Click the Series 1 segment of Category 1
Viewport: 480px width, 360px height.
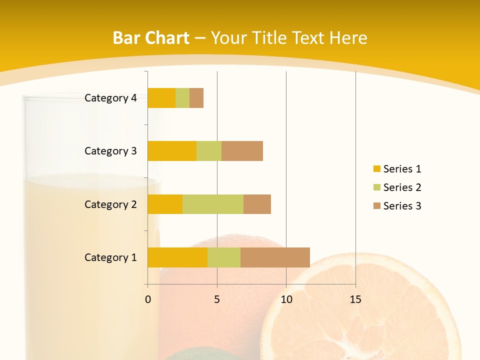click(177, 257)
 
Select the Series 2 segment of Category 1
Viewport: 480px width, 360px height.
click(224, 257)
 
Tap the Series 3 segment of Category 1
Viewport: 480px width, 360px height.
click(275, 257)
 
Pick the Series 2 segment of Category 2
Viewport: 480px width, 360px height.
click(213, 204)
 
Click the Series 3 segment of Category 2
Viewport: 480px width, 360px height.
click(257, 204)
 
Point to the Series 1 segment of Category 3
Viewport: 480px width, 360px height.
click(172, 151)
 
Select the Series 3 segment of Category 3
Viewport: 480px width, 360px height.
click(242, 151)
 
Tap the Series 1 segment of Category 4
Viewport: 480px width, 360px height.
click(161, 98)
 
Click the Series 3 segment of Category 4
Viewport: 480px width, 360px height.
click(196, 98)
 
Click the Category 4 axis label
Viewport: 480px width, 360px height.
click(110, 98)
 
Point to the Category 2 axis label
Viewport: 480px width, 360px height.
click(110, 204)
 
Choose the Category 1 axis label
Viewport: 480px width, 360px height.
click(110, 257)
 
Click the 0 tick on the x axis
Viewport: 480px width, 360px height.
click(148, 299)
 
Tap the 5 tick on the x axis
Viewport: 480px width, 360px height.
click(217, 299)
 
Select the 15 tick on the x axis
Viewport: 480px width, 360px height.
click(355, 299)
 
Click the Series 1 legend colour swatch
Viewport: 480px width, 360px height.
click(376, 169)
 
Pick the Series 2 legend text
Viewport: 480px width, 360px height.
click(402, 187)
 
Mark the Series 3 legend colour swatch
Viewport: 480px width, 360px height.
click(376, 206)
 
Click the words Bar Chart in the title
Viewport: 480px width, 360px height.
click(151, 38)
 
